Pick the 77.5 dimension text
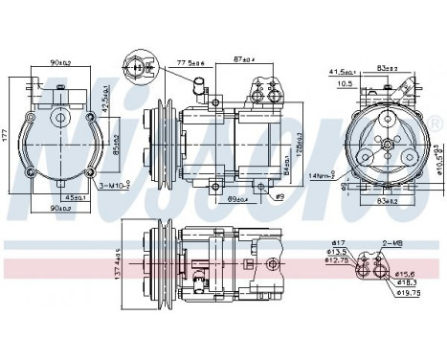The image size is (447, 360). (x=188, y=63)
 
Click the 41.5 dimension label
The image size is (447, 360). (x=338, y=72)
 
